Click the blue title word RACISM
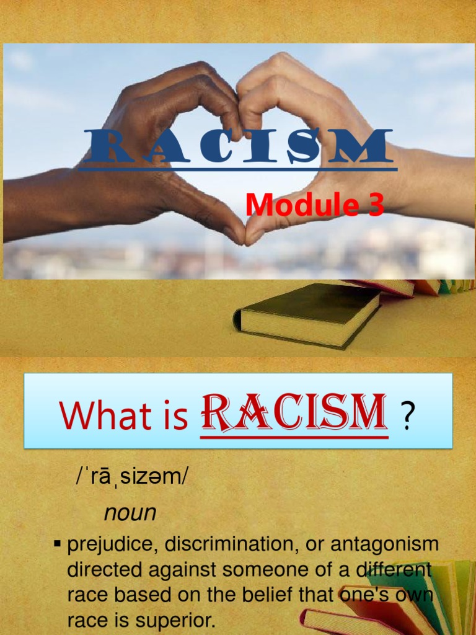pyautogui.click(x=236, y=146)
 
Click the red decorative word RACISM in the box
pyautogui.click(x=294, y=413)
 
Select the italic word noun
pyautogui.click(x=130, y=513)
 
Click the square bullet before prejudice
pyautogui.click(x=58, y=544)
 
